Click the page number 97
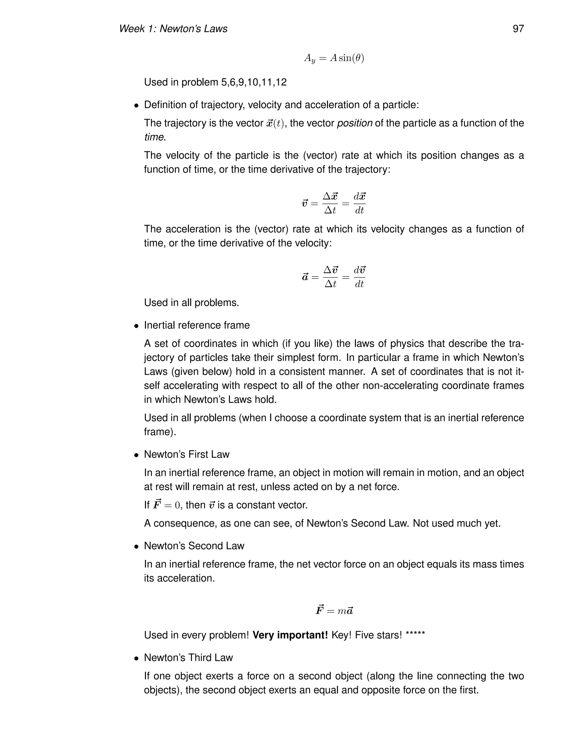518,29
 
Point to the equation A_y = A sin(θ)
334,59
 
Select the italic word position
354,123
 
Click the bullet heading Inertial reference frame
197,325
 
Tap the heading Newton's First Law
187,455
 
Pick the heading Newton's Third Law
188,658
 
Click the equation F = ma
334,610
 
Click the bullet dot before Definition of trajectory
136,106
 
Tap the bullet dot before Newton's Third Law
136,658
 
